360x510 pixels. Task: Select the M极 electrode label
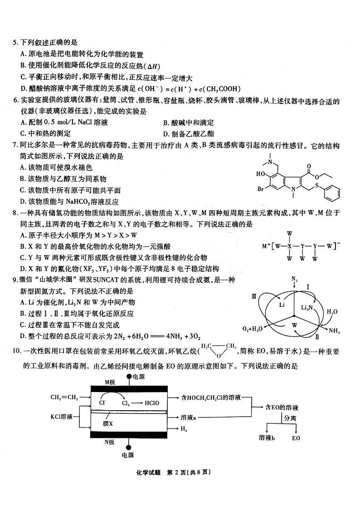110,382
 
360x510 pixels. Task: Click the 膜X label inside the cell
108,423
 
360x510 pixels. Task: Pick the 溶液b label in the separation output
267,438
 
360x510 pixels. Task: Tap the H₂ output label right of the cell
184,428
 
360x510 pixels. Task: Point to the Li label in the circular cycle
282,305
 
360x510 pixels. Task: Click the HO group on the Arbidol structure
261,174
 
